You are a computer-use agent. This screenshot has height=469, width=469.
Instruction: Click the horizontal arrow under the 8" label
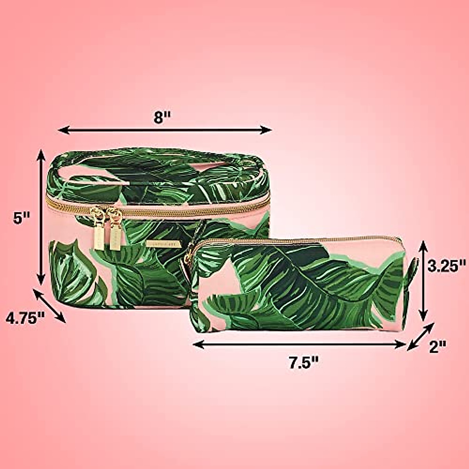click(164, 130)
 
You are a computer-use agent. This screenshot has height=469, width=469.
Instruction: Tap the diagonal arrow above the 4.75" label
click(50, 306)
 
